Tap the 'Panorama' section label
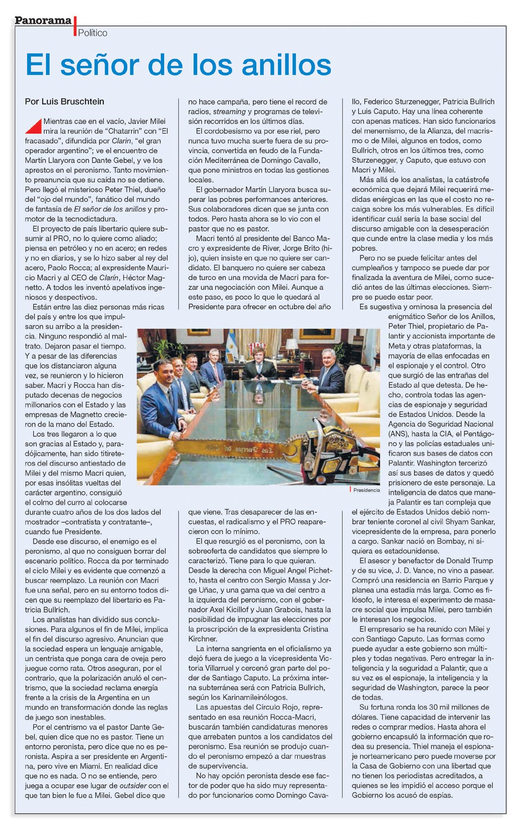click(x=43, y=20)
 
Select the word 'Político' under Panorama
click(x=92, y=33)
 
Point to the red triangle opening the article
click(x=33, y=124)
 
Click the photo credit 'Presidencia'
click(x=366, y=490)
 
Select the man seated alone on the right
click(x=328, y=369)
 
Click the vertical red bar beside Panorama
click(x=75, y=26)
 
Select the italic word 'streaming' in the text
click(x=229, y=111)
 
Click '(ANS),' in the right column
click(x=400, y=433)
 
